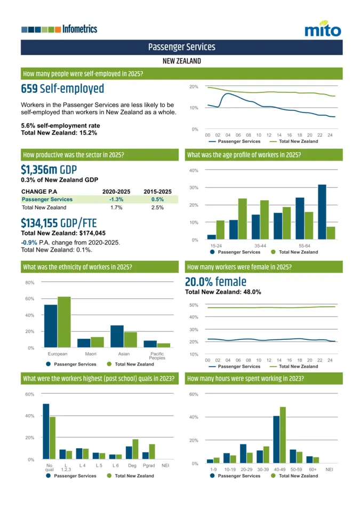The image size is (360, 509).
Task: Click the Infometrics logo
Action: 60,29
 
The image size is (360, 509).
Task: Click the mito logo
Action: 323,29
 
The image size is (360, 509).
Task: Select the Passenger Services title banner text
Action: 181,47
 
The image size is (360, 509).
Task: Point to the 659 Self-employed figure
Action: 62,89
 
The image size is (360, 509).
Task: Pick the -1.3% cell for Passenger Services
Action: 116,199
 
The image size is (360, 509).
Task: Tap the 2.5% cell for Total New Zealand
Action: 157,207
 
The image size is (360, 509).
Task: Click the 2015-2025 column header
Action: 157,192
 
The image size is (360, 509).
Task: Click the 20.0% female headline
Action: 215,282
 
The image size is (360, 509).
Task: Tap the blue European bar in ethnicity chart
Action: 51,326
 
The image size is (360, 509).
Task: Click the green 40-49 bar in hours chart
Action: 283,435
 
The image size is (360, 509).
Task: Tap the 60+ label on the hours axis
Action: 313,470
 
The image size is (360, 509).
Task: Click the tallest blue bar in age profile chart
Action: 322,212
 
